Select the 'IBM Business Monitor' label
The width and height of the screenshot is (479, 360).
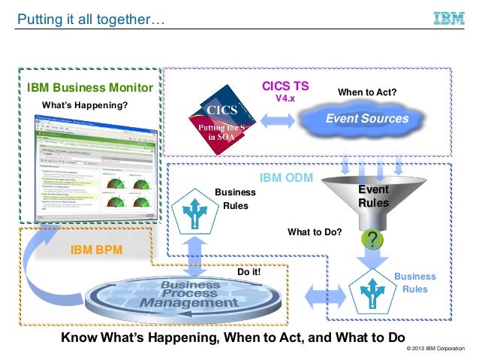pos(89,89)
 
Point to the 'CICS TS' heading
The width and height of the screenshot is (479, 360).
pos(285,86)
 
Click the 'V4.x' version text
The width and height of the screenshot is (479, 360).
pos(285,98)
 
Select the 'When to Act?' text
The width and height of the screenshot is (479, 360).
pos(366,92)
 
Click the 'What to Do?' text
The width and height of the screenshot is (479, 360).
pos(315,232)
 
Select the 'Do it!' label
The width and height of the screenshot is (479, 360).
pos(249,272)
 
